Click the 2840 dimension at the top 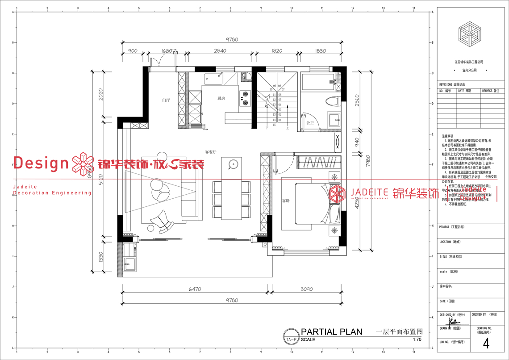(x=220, y=51)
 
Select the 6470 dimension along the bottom (x=195, y=289)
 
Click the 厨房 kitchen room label (x=221, y=98)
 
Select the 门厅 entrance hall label (x=166, y=100)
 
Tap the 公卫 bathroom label (x=310, y=122)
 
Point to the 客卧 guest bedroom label (x=286, y=201)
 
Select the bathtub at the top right (x=321, y=82)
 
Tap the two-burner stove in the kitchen (x=245, y=98)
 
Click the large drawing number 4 (x=486, y=343)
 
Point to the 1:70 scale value (x=417, y=339)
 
